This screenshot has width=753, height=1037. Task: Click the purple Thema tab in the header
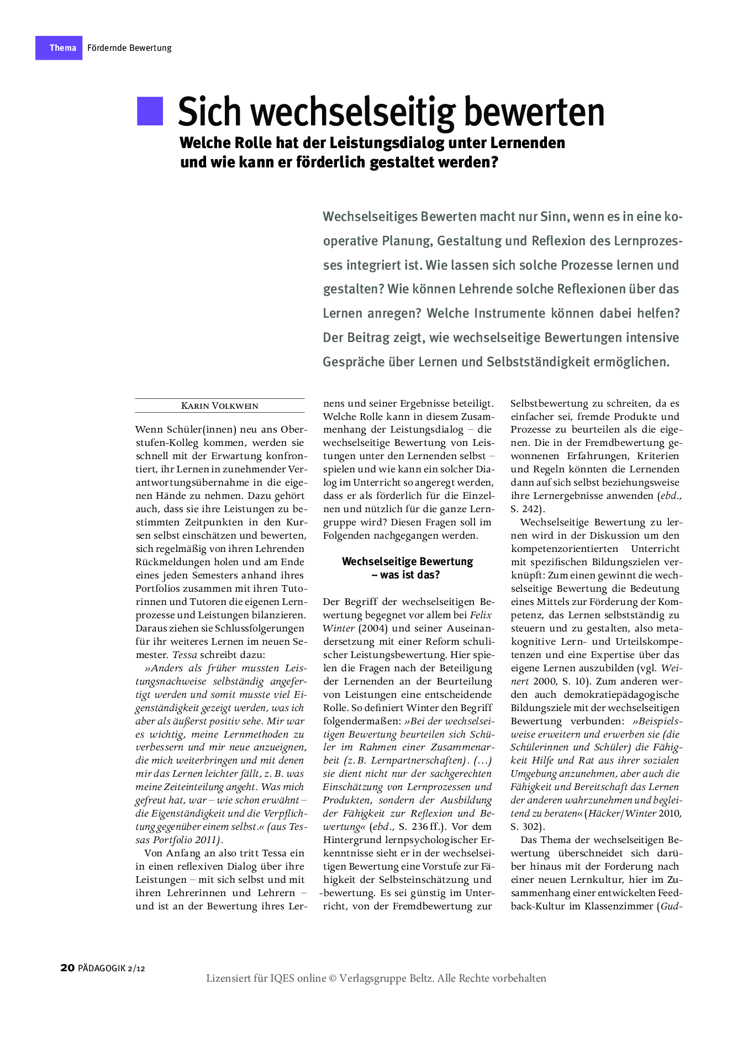[x=59, y=48]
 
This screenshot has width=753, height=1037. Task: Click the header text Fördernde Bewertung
[x=129, y=48]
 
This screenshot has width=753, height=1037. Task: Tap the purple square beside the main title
[x=150, y=111]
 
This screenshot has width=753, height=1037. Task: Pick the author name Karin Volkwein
[x=219, y=406]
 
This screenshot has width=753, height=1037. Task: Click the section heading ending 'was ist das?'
[x=408, y=575]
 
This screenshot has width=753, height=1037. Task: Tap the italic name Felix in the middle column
[x=481, y=615]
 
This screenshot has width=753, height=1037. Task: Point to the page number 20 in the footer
[x=67, y=967]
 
